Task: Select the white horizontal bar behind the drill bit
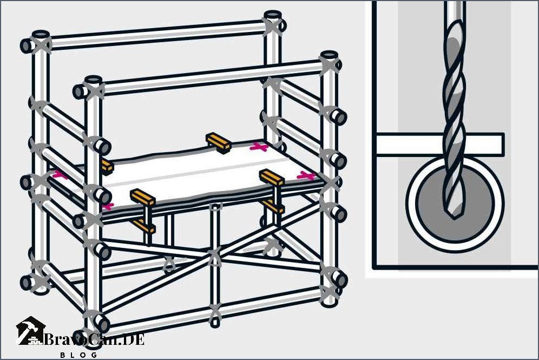441,145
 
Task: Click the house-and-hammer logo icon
31,330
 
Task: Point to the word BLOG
78,355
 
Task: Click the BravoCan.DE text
94,339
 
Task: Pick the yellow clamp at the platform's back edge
218,142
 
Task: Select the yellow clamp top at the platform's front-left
143,197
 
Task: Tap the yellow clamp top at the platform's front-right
272,177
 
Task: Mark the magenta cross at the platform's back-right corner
259,147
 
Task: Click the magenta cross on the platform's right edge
306,176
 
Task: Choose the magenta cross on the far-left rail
60,175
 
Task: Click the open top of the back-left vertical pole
41,35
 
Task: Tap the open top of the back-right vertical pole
273,15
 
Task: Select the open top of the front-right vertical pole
330,55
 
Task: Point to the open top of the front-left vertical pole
93,80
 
